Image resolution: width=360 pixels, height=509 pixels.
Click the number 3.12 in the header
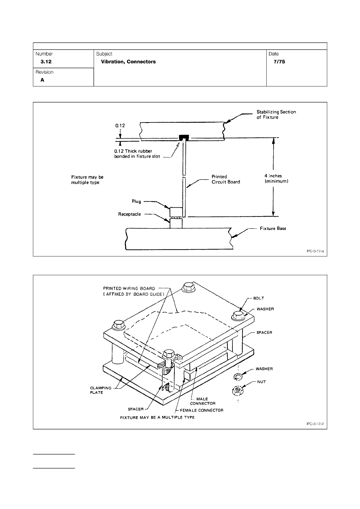46,62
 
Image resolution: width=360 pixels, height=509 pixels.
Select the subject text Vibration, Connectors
128,62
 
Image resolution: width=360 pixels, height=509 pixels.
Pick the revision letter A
43,80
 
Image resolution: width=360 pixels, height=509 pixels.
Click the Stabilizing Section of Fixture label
276,115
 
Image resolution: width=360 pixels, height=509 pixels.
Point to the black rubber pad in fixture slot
184,138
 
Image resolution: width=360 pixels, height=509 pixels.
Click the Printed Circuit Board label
225,179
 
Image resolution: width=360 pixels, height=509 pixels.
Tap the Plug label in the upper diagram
136,201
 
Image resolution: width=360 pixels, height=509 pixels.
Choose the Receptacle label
129,214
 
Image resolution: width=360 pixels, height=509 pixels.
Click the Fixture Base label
273,229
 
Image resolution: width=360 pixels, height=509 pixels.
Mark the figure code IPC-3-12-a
315,251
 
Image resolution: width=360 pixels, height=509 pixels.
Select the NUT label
261,382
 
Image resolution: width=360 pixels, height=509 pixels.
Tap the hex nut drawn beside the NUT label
238,390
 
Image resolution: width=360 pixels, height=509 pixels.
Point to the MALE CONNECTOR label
203,401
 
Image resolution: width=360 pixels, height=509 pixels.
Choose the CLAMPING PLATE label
101,390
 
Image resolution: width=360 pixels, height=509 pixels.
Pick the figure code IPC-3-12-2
315,424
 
